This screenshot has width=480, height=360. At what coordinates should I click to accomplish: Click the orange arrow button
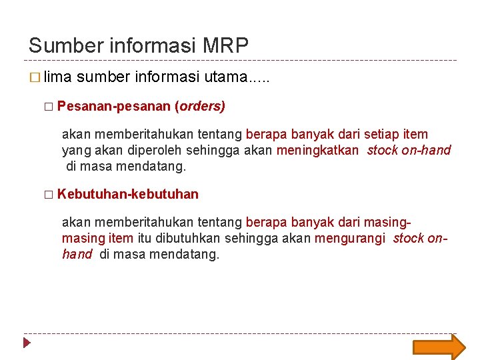pyautogui.click(x=439, y=347)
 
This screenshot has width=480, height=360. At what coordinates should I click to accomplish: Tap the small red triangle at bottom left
pyautogui.click(x=27, y=344)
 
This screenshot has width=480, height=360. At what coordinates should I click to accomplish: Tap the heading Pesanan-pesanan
pyautogui.click(x=114, y=106)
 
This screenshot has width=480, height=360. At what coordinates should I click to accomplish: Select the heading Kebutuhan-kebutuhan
pyautogui.click(x=128, y=194)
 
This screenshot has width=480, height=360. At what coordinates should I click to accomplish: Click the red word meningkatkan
pyautogui.click(x=317, y=150)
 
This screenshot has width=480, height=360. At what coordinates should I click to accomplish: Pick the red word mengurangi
pyautogui.click(x=350, y=238)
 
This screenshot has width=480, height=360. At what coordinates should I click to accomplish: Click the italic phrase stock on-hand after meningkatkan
pyautogui.click(x=409, y=150)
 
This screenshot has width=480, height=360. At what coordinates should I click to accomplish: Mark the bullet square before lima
pyautogui.click(x=35, y=78)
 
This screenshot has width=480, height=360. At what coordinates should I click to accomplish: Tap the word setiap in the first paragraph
pyautogui.click(x=381, y=134)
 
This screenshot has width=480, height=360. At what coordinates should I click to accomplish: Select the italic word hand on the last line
pyautogui.click(x=77, y=254)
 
